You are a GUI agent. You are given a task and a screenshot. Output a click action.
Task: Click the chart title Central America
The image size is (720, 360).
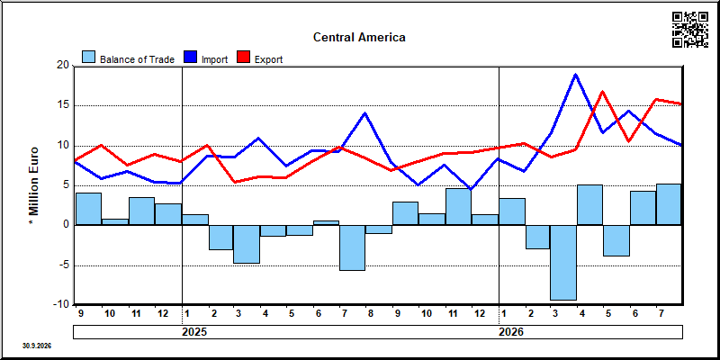[359, 37]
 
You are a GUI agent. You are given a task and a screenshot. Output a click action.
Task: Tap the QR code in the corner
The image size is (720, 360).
[690, 30]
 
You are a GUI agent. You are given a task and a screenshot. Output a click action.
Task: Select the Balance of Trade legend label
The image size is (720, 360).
[137, 59]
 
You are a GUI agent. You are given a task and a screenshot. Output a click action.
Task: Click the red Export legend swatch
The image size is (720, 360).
[243, 57]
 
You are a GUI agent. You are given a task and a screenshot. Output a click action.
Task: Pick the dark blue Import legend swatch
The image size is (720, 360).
[190, 57]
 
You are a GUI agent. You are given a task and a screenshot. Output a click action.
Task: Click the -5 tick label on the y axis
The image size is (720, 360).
[64, 265]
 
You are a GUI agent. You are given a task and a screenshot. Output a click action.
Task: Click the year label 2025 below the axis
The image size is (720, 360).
[194, 332]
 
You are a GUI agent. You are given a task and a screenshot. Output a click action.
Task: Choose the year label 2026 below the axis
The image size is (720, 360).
[511, 332]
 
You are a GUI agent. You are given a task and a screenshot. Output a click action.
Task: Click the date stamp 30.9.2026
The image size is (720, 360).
[37, 346]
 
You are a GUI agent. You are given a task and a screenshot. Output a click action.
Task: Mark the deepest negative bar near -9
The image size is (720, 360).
[563, 263]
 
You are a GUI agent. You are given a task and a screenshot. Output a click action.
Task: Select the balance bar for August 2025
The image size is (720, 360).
[379, 229]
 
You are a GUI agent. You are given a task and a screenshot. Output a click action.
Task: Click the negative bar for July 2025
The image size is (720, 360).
[353, 247]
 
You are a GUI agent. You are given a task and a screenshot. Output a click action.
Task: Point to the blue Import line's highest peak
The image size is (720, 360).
[575, 75]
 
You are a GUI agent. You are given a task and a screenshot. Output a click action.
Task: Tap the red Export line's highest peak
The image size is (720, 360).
[602, 92]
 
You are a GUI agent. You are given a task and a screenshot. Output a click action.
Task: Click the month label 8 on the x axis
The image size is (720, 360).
[370, 313]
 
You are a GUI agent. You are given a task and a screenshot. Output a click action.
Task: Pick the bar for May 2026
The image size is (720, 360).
[616, 240]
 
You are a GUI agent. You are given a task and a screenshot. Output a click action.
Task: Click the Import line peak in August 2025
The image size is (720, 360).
[365, 113]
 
